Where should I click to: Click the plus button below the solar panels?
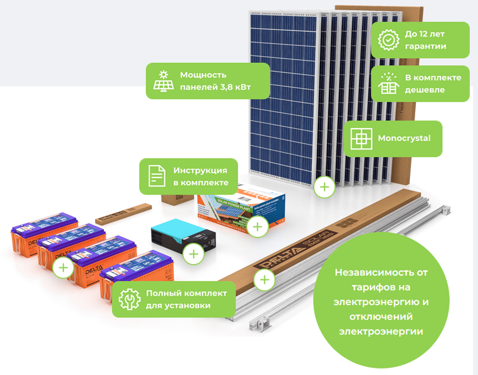click(x=324, y=187)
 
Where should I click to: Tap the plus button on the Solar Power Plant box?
click(x=257, y=226)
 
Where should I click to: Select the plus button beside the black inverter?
click(x=193, y=254)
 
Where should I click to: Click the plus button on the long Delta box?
click(x=265, y=279)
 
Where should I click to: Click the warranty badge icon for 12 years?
click(x=388, y=40)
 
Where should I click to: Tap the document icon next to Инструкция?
click(x=156, y=176)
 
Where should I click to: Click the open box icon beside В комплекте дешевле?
click(x=388, y=83)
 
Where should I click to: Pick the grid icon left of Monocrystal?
click(x=361, y=139)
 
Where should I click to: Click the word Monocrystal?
click(x=404, y=139)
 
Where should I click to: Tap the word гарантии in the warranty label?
click(x=426, y=46)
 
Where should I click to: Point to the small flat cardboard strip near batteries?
click(x=122, y=213)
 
